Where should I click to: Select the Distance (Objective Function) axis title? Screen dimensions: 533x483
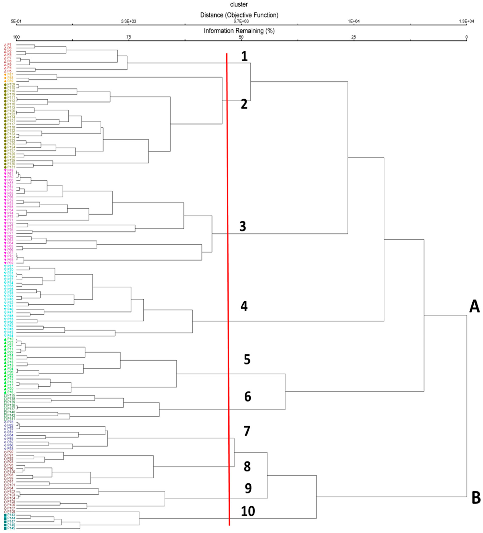(x=239, y=15)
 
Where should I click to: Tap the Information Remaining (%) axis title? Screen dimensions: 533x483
(x=239, y=31)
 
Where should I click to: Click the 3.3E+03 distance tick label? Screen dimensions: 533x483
(x=129, y=21)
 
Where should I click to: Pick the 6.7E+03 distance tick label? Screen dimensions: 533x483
(x=241, y=21)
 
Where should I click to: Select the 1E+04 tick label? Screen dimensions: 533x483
(x=353, y=21)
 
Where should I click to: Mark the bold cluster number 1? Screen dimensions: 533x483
(x=244, y=56)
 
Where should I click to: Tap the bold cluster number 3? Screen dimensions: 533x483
(x=242, y=226)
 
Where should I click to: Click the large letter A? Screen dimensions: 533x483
(x=474, y=307)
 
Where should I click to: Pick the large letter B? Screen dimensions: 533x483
(x=476, y=498)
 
